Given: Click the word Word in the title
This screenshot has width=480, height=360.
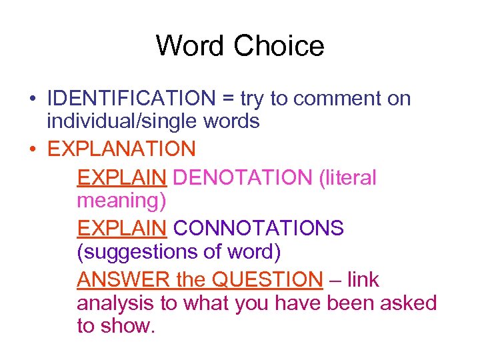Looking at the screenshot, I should tap(190, 46).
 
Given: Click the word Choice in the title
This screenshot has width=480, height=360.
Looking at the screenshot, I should tap(279, 46).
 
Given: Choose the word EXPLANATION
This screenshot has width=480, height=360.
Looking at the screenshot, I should tap(121, 148).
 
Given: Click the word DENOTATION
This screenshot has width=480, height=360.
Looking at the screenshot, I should tap(242, 177).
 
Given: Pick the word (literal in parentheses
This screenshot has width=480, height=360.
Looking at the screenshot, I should tap(347, 177).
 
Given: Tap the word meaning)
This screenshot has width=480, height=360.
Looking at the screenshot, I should tap(121, 199).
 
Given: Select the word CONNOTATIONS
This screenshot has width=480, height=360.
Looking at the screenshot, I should tap(259, 228).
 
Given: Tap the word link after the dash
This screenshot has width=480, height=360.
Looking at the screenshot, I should tap(363, 279).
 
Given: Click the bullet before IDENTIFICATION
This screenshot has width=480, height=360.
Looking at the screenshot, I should tap(32, 99).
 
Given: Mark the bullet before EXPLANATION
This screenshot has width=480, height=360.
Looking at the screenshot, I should tap(32, 149).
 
